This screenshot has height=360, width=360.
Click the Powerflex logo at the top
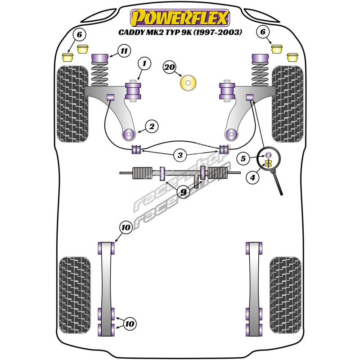tap(180, 18)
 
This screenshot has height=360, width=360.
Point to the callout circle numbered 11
tap(124, 51)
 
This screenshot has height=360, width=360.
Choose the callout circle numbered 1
tap(144, 64)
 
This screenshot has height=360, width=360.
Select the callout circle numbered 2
tap(152, 127)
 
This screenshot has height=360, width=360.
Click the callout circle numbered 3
tap(180, 156)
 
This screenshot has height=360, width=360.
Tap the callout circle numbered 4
tap(252, 178)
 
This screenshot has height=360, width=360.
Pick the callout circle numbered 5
tap(243, 158)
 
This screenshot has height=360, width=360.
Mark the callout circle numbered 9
tap(183, 193)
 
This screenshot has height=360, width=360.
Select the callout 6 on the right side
tap(263, 31)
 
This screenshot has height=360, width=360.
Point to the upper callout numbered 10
tap(126, 228)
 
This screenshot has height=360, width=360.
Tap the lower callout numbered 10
tap(130, 324)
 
